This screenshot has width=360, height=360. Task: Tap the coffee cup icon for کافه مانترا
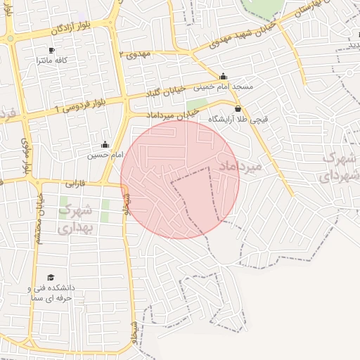point(51,50)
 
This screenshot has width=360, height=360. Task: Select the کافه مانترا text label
point(52,60)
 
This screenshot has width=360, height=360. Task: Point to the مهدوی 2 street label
point(136,53)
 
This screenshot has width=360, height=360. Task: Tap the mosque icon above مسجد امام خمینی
point(224,76)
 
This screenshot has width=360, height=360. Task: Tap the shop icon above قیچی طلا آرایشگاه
point(238,109)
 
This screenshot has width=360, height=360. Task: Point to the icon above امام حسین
point(105,144)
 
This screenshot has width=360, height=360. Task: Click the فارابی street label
point(75,184)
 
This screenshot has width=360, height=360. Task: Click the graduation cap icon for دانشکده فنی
point(50,278)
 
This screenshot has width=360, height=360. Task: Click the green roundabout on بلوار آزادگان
point(10,40)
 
